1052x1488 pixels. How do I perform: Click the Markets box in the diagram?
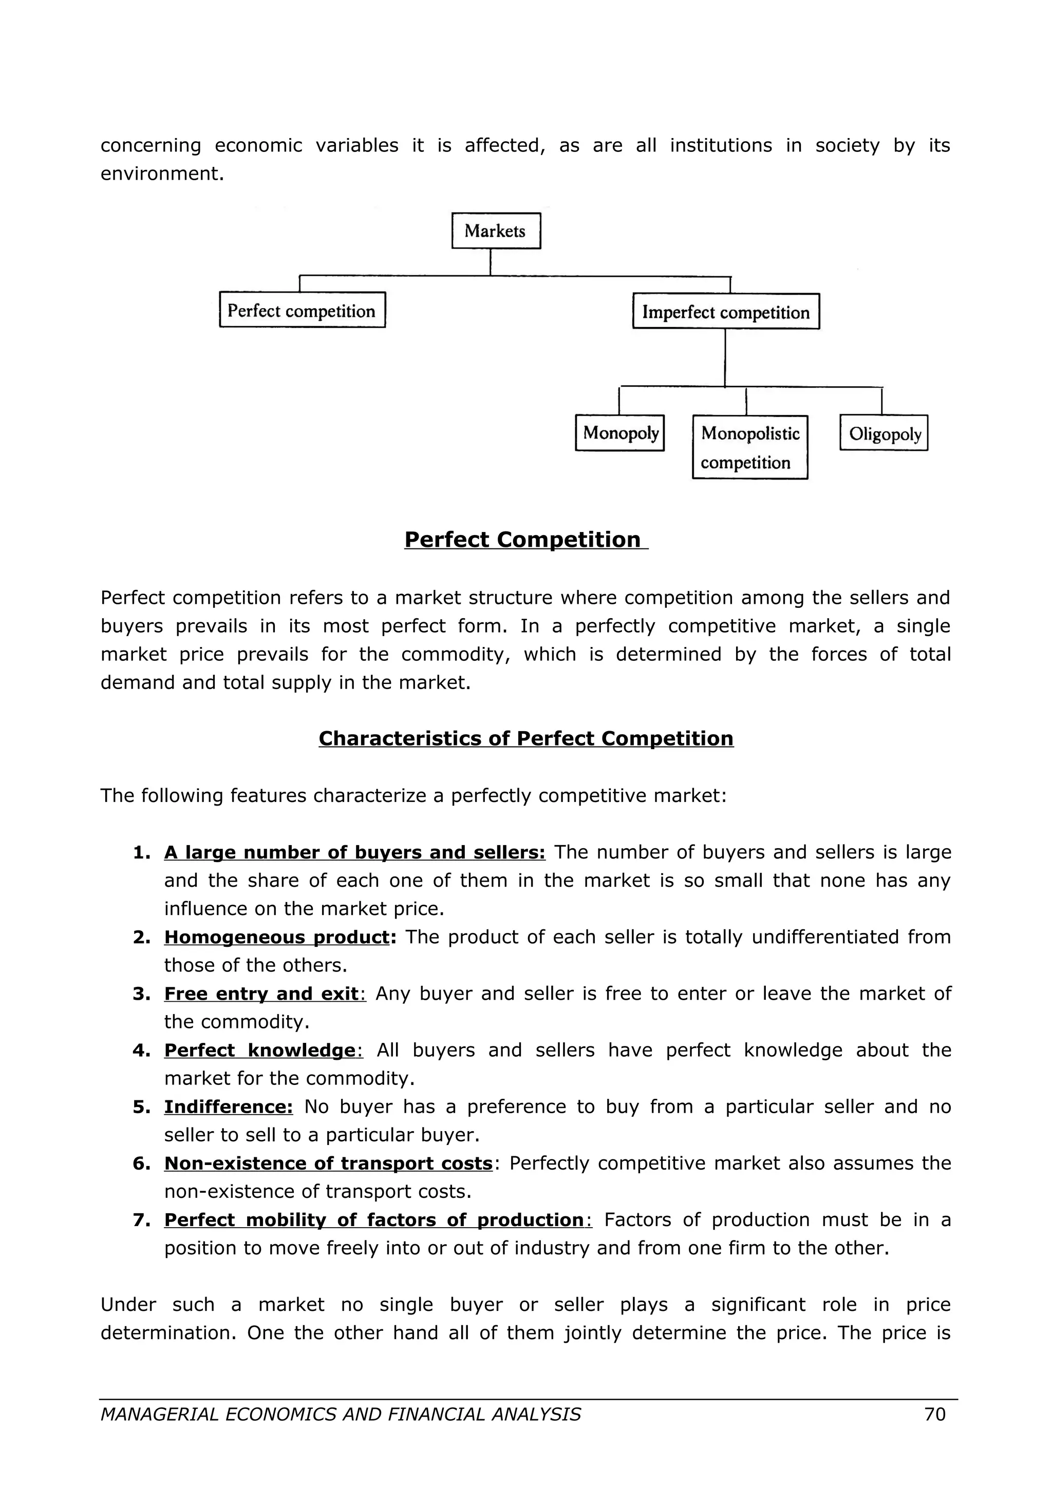(x=496, y=231)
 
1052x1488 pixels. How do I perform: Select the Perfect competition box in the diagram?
(x=302, y=311)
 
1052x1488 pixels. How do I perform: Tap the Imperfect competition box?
(x=725, y=312)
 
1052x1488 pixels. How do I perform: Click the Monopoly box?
(x=619, y=433)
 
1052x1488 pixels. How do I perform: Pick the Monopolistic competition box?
(x=749, y=447)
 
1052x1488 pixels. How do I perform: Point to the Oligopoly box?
(x=884, y=433)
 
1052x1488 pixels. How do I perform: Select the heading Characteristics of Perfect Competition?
(x=525, y=738)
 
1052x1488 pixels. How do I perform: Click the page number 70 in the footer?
(x=935, y=1414)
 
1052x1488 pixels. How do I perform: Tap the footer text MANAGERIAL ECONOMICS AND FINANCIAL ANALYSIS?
(x=340, y=1414)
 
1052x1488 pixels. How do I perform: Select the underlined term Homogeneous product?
(x=276, y=937)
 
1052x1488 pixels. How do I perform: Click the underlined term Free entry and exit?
(x=261, y=994)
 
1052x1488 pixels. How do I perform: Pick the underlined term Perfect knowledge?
(x=259, y=1050)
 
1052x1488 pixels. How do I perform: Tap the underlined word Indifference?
(x=228, y=1107)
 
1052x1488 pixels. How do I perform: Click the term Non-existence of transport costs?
(x=328, y=1163)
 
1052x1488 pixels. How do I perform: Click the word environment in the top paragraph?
(x=161, y=174)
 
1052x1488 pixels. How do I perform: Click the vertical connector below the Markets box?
(x=490, y=262)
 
